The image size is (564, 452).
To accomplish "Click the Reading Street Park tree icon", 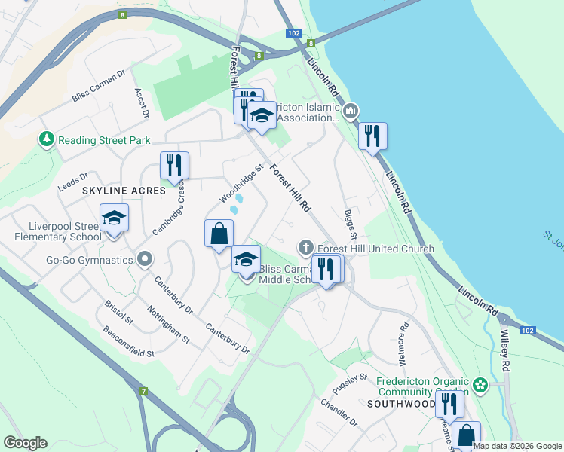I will coord(47,140).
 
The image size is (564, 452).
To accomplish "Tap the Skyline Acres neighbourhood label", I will coord(124,191).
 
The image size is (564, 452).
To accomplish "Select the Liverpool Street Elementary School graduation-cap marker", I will coord(114,218).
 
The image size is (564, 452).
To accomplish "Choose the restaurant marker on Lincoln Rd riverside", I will coord(372,136).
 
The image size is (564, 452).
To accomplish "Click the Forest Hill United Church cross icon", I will coord(305,246).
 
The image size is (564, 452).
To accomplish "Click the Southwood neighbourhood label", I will coord(400,404).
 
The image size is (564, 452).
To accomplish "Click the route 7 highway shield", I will coord(143,391).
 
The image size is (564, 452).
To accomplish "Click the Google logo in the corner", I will coord(25,443).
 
